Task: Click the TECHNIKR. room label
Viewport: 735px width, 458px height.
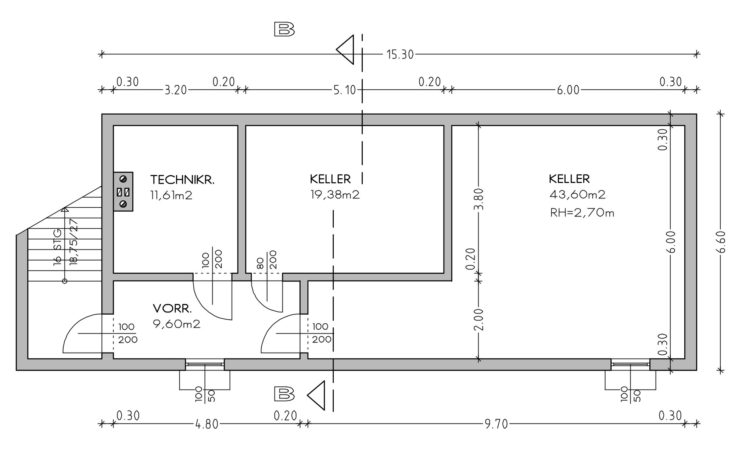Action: [x=182, y=180]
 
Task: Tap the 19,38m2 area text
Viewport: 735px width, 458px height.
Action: [x=335, y=195]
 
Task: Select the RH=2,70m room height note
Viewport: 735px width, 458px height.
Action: [x=582, y=213]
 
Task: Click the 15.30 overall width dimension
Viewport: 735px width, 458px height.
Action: [x=400, y=55]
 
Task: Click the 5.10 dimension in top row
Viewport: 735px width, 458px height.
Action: [x=344, y=90]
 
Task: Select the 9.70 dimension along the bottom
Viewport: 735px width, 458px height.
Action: [x=496, y=425]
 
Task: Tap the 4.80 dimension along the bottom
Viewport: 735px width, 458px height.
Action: [x=207, y=425]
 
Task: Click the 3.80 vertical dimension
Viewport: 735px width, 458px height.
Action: [x=478, y=199]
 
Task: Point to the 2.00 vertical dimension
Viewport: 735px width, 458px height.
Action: [x=478, y=319]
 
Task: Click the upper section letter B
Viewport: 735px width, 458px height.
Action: [x=284, y=29]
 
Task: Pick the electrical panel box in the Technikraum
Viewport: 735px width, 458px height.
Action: [x=123, y=192]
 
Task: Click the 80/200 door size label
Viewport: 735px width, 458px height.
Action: [x=266, y=260]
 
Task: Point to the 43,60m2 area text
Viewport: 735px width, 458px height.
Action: [x=577, y=195]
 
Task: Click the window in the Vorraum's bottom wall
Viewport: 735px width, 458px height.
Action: [x=205, y=364]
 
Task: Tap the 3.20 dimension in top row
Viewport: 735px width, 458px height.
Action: [x=175, y=90]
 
